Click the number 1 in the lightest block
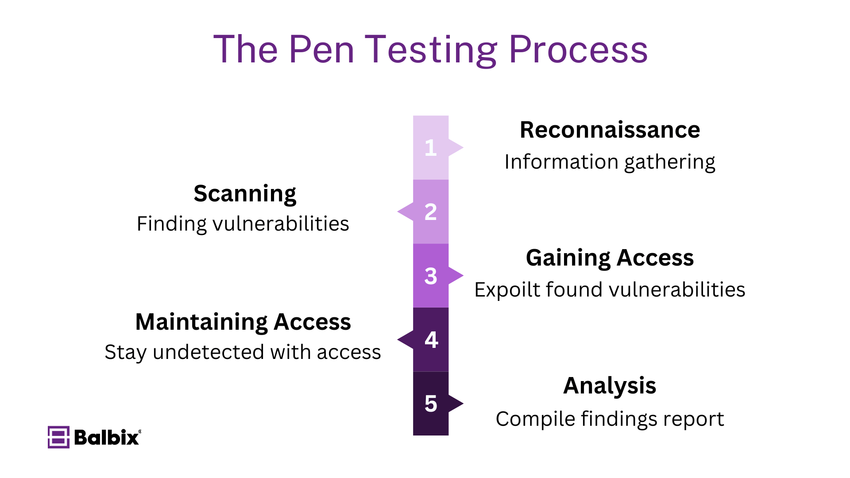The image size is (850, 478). click(430, 148)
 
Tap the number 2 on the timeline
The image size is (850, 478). click(430, 212)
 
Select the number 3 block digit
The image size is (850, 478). click(430, 276)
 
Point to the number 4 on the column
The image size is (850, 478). click(431, 340)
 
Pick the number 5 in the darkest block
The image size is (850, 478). click(430, 404)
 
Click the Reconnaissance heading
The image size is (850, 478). click(610, 130)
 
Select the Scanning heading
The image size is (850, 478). click(245, 194)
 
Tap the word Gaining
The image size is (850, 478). click(568, 258)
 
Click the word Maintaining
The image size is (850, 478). click(201, 322)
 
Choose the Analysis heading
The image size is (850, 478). click(610, 385)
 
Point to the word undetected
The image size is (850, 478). click(209, 352)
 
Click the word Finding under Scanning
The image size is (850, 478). click(172, 224)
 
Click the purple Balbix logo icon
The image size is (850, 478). click(58, 437)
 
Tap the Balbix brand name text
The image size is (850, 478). click(107, 437)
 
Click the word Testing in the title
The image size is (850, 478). click(431, 50)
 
